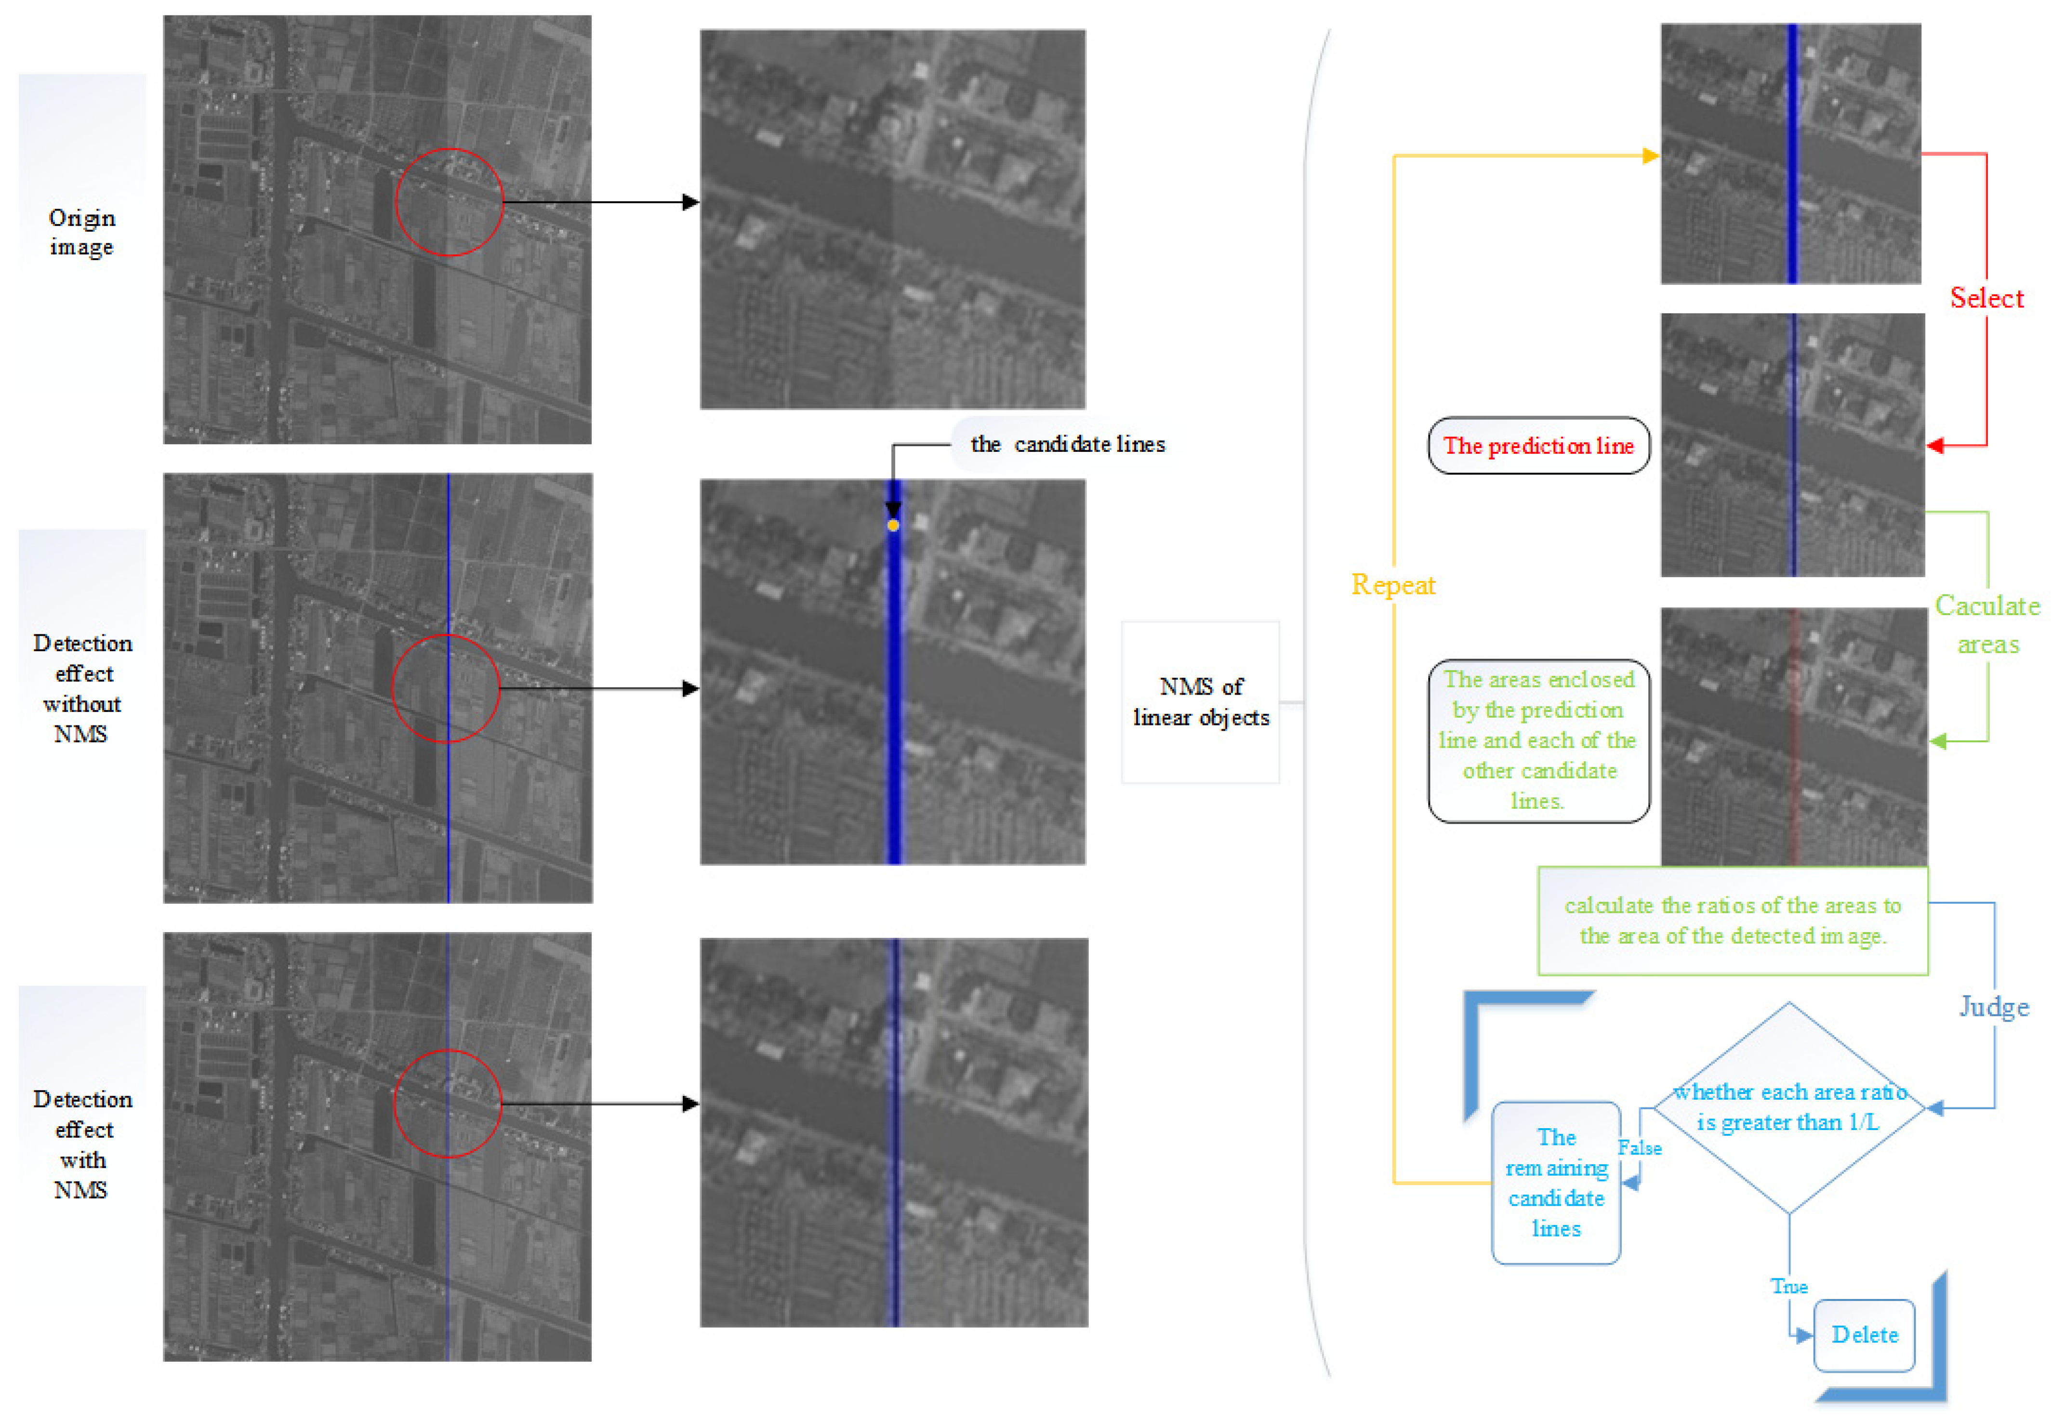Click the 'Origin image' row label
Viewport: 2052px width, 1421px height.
(82, 232)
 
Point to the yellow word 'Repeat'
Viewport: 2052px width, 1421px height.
(1393, 584)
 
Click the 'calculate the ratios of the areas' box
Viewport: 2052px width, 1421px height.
(1732, 921)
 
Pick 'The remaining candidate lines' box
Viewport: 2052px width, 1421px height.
(1555, 1183)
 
